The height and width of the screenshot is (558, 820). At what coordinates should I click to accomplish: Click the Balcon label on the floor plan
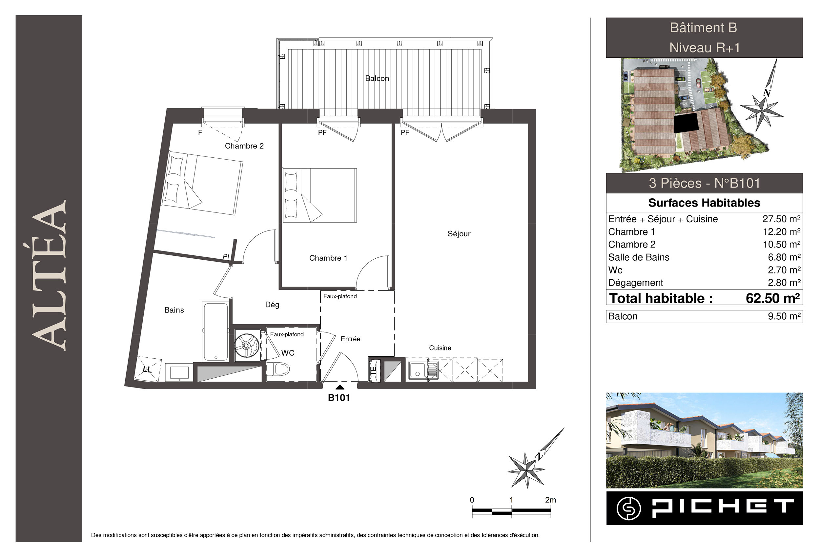pyautogui.click(x=377, y=78)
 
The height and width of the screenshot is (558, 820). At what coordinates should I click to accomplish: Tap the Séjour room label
pyautogui.click(x=459, y=233)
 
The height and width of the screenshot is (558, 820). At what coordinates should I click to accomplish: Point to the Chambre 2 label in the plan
pyautogui.click(x=244, y=146)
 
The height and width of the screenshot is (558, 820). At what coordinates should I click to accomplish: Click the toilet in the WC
pyautogui.click(x=278, y=369)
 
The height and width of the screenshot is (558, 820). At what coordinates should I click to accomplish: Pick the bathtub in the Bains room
pyautogui.click(x=215, y=331)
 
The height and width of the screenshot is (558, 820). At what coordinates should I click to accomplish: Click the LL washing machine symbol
pyautogui.click(x=148, y=369)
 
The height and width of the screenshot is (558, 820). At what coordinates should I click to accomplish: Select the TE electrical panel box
pyautogui.click(x=373, y=371)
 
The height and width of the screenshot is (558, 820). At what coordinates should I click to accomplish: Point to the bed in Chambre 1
pyautogui.click(x=320, y=195)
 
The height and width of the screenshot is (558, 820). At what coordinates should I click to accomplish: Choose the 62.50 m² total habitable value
pyautogui.click(x=773, y=298)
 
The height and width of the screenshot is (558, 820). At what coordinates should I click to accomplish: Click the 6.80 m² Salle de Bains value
pyautogui.click(x=784, y=257)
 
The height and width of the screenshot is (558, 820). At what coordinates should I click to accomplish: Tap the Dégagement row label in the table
pyautogui.click(x=635, y=283)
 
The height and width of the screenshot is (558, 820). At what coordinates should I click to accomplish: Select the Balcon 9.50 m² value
pyautogui.click(x=784, y=316)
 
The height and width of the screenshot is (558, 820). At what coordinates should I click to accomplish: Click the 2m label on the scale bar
pyautogui.click(x=550, y=500)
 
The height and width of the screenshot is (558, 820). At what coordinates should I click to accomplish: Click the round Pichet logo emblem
pyautogui.click(x=629, y=508)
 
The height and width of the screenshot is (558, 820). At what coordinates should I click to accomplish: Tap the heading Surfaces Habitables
pyautogui.click(x=704, y=203)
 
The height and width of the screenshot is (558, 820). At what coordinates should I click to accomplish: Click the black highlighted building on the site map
pyautogui.click(x=686, y=123)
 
